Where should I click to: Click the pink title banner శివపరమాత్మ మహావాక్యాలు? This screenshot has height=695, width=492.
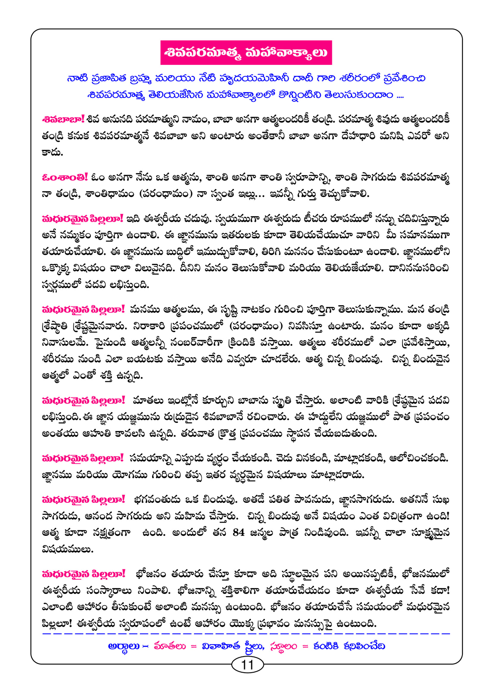coord(246,52)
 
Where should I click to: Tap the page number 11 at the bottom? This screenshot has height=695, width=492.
coord(247,665)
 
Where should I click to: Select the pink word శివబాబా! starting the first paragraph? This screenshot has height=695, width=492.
coord(63,119)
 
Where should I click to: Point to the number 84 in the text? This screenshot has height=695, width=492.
coord(239,532)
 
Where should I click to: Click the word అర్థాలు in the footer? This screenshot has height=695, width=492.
coord(124,646)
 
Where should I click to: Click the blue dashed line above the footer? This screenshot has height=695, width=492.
coord(246,634)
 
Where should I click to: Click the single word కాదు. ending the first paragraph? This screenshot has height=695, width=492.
coord(52,152)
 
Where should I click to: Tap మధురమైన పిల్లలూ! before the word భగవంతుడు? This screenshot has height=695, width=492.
coord(83,499)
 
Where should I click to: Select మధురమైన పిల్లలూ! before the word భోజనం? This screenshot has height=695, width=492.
coord(83,573)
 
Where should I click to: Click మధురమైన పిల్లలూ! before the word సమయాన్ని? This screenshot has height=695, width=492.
coord(83,458)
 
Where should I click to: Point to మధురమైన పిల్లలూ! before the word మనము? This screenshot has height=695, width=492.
coord(83,309)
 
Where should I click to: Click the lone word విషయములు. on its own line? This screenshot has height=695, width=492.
coord(68,549)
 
